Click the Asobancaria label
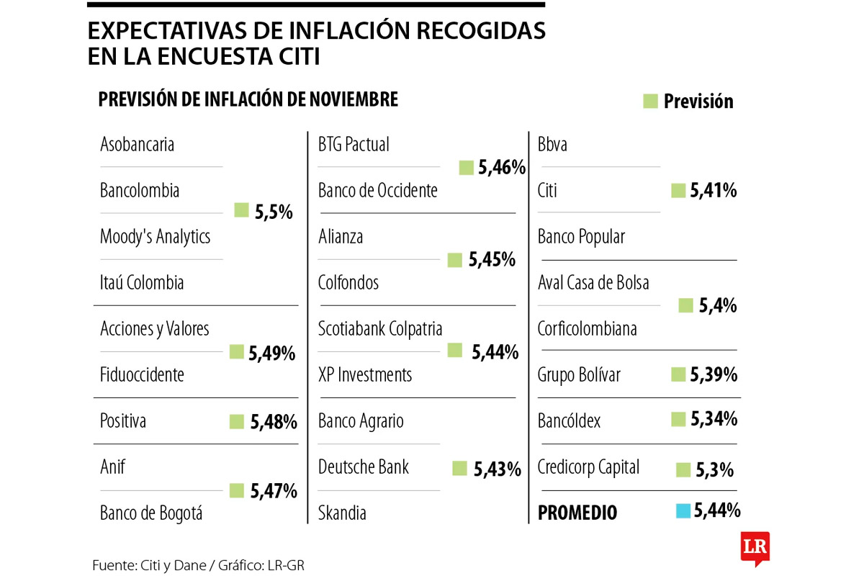[137, 145]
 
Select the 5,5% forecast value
[274, 212]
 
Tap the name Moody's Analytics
[155, 237]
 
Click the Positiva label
[122, 421]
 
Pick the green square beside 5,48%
[237, 422]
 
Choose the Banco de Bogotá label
[151, 513]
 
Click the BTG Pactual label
[354, 145]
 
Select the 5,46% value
[501, 168]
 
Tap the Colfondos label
[348, 283]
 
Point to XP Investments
[365, 375]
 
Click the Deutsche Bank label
[364, 467]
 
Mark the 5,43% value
[497, 469]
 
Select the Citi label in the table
[547, 191]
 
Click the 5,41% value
[714, 191]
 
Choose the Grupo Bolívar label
[579, 375]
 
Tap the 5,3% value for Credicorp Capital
[715, 471]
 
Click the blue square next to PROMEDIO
[683, 511]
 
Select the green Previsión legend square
[651, 102]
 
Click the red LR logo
[755, 547]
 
